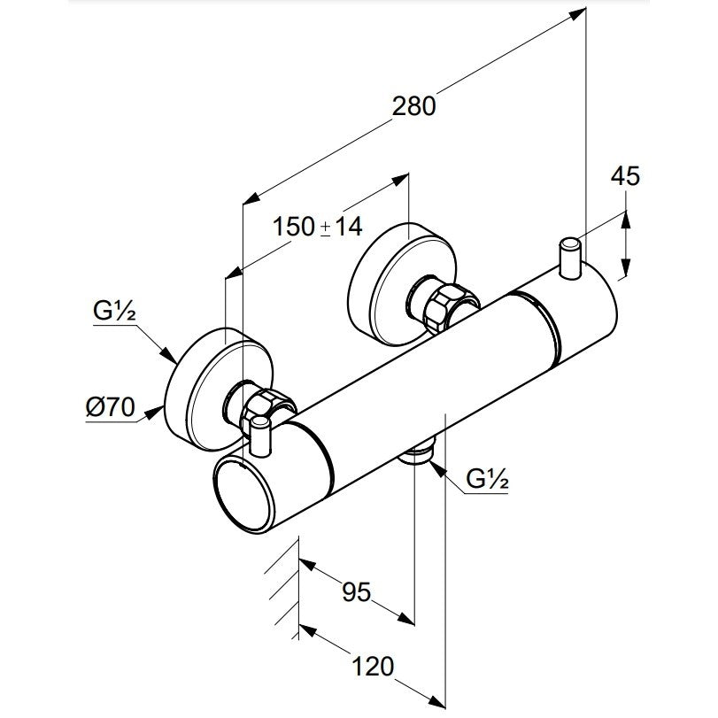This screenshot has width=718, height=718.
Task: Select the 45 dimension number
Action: [624, 176]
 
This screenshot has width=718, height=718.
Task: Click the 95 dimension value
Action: [357, 591]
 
